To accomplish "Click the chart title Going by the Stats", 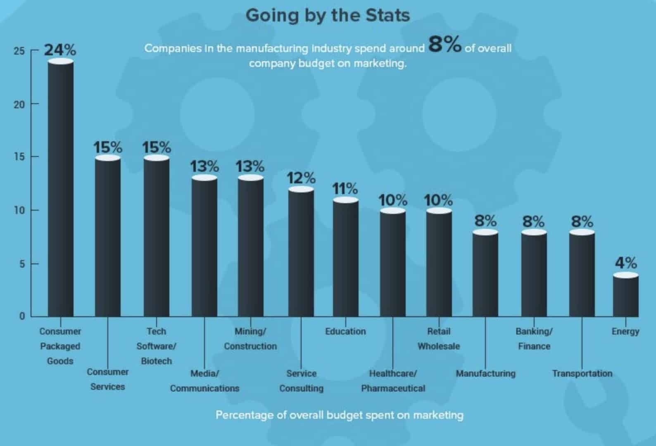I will pyautogui.click(x=328, y=16).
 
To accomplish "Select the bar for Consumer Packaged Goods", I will pyautogui.click(x=61, y=190).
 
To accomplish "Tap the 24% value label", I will pyautogui.click(x=60, y=50).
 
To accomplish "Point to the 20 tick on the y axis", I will pyautogui.click(x=19, y=104).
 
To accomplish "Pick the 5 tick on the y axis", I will pyautogui.click(x=22, y=264).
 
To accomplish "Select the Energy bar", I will pyautogui.click(x=625, y=296).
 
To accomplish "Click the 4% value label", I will pyautogui.click(x=625, y=263).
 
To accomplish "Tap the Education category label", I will pyautogui.click(x=345, y=331).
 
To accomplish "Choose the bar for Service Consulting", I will pyautogui.click(x=301, y=253).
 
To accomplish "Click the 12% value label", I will pyautogui.click(x=301, y=178).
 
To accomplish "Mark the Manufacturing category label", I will pyautogui.click(x=485, y=373).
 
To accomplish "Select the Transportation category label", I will pyautogui.click(x=582, y=373).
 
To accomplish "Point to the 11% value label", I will pyautogui.click(x=345, y=189).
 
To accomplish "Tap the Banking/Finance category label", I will pyautogui.click(x=534, y=339).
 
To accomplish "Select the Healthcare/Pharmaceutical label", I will pyautogui.click(x=393, y=381).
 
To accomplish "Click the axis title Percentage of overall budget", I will pyautogui.click(x=339, y=415).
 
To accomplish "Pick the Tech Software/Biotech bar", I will pyautogui.click(x=157, y=237).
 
